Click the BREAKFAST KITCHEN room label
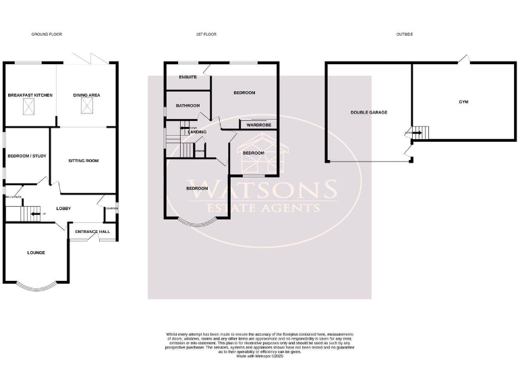coord(30,96)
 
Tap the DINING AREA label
coord(86,96)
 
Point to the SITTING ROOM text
coord(84,161)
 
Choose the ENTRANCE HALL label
coord(92,232)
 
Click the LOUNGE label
coord(36,253)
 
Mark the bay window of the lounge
coord(36,287)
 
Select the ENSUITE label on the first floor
coord(188,77)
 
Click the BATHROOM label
coord(188,105)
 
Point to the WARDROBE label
coord(258,125)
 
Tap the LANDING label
coord(198,132)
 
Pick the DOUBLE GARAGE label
coord(369,113)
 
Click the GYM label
coord(463,102)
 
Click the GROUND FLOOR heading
coord(47,34)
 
